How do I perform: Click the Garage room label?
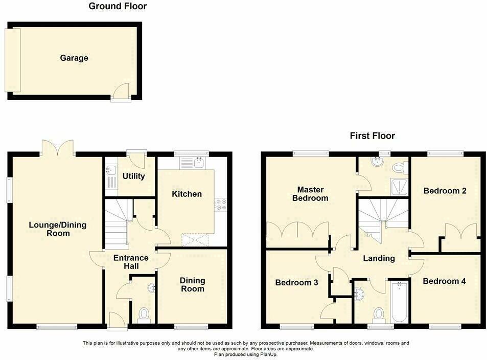pyautogui.click(x=74, y=58)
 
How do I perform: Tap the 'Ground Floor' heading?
pyautogui.click(x=118, y=7)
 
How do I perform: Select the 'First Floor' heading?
pyautogui.click(x=372, y=136)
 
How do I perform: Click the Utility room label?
pyautogui.click(x=133, y=176)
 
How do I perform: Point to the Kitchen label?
pyautogui.click(x=187, y=194)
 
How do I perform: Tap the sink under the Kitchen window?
pyautogui.click(x=193, y=164)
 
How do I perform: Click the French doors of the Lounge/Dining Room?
pyautogui.click(x=58, y=148)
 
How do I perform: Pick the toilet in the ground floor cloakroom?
pyautogui.click(x=144, y=313)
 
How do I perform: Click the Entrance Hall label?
pyautogui.click(x=131, y=262)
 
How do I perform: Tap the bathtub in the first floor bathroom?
pyautogui.click(x=399, y=302)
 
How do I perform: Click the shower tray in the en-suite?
pyautogui.click(x=398, y=187)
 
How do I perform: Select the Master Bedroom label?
pyautogui.click(x=310, y=194)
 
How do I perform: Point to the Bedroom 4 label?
pyautogui.click(x=444, y=281)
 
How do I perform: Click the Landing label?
pyautogui.click(x=379, y=259)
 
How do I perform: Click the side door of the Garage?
pyautogui.click(x=121, y=94)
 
